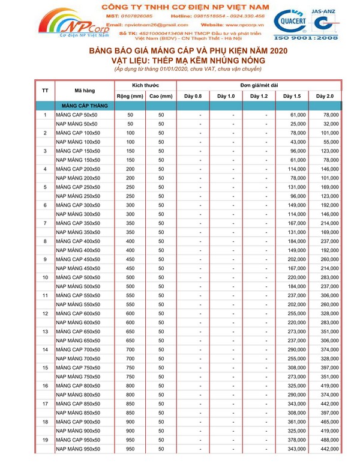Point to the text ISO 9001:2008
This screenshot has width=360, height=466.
pyautogui.click(x=313, y=37)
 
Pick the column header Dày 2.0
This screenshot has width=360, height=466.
pyautogui.click(x=325, y=96)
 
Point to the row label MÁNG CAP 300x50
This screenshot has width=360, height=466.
pyautogui.click(x=77, y=205)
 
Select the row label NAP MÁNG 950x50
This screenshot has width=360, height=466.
pyautogui.click(x=77, y=449)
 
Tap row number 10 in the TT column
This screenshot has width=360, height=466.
pyautogui.click(x=45, y=277)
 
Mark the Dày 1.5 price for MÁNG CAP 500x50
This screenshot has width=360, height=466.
pyautogui.click(x=298, y=277)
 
